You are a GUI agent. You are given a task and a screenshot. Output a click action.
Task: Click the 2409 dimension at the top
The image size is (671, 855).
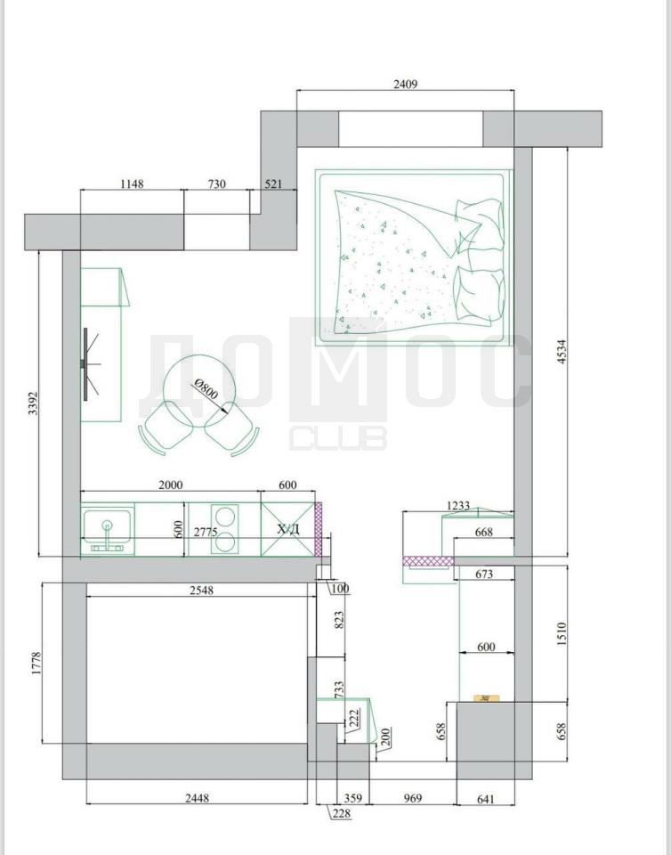[x=405, y=84]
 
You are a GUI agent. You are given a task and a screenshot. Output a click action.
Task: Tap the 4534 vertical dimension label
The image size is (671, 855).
[x=562, y=352]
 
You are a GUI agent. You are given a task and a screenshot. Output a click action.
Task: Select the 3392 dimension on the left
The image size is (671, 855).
[x=33, y=403]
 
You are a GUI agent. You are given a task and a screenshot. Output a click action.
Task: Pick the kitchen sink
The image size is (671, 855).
[x=108, y=530]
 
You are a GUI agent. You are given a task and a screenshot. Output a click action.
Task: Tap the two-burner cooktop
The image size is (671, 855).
[x=224, y=529]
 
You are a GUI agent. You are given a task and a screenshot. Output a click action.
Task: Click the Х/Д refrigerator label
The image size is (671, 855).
[x=287, y=529]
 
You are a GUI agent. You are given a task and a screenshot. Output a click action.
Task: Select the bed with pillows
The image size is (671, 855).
[x=414, y=257]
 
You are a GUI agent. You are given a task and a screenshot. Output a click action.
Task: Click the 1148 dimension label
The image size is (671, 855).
[x=132, y=184]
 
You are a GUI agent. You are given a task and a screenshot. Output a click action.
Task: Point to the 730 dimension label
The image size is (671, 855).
[x=217, y=184]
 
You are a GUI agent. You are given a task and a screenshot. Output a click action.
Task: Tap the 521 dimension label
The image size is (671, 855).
[x=273, y=184]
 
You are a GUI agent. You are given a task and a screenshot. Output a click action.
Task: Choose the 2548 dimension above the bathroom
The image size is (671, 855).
[x=201, y=590]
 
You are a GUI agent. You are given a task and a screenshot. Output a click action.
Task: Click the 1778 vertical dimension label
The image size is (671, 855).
[x=36, y=663]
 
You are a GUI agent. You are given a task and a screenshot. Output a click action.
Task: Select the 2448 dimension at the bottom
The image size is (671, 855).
[x=197, y=798]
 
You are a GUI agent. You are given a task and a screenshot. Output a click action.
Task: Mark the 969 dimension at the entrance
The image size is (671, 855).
[x=413, y=798]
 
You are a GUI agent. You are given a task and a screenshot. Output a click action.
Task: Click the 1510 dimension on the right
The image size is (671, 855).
[x=562, y=634]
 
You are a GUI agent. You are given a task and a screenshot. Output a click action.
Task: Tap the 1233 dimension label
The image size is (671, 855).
[x=457, y=506]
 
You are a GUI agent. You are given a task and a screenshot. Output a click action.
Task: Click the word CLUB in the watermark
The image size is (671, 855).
[x=337, y=438]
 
